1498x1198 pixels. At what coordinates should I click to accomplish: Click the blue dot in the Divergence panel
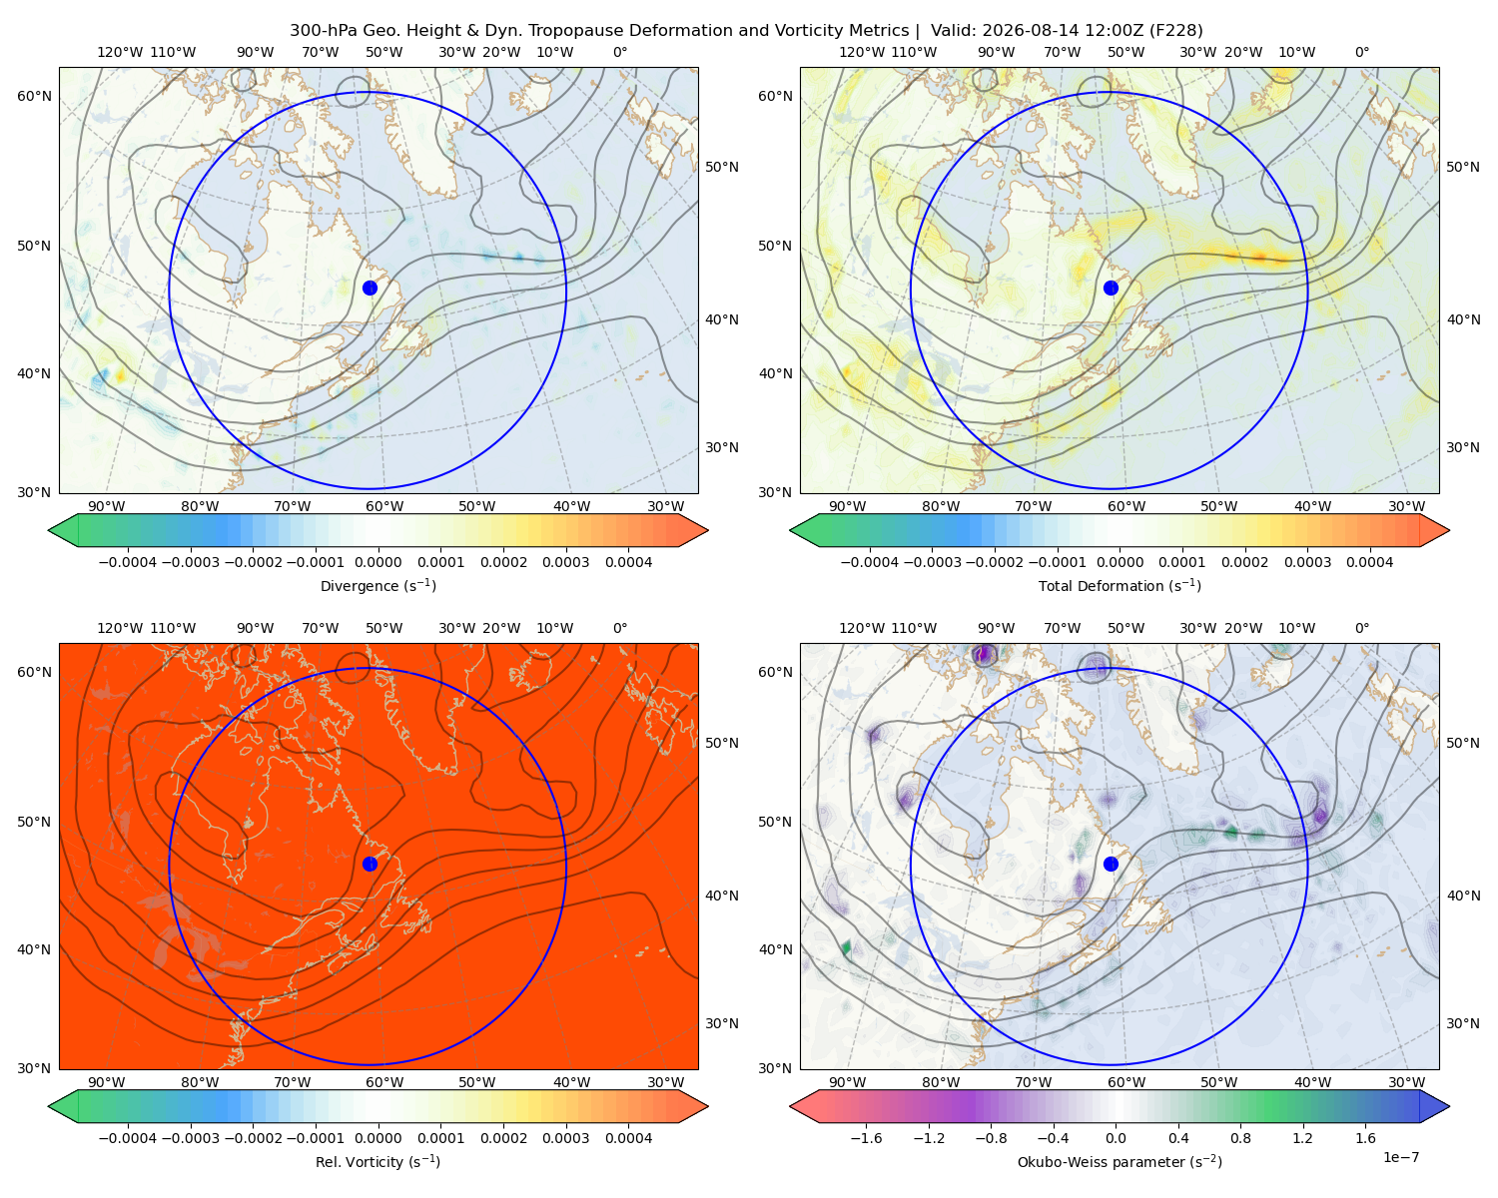tap(370, 288)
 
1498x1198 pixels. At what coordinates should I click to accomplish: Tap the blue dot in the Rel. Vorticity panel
tap(370, 864)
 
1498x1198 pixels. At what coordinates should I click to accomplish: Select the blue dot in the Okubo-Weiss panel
tap(1111, 864)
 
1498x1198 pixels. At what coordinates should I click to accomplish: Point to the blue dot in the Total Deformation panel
tap(1111, 288)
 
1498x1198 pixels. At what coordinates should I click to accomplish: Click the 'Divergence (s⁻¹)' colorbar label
tap(377, 585)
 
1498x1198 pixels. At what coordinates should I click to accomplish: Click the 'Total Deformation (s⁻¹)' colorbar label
tap(1120, 585)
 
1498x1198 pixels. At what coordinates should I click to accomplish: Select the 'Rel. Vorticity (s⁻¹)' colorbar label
tap(377, 1161)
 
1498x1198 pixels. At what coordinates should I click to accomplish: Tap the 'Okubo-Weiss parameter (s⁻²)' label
tap(1120, 1161)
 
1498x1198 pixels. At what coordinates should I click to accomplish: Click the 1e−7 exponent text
tap(1400, 1157)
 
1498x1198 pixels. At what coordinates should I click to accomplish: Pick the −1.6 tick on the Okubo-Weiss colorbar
tap(866, 1137)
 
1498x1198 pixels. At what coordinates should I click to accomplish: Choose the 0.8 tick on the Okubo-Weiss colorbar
tap(1240, 1137)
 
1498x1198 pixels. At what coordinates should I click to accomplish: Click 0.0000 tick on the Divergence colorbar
tap(377, 562)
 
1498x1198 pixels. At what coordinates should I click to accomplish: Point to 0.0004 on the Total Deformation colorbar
tap(1369, 562)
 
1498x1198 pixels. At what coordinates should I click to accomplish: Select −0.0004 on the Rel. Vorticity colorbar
tap(128, 1137)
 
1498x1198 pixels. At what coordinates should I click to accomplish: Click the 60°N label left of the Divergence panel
tap(34, 96)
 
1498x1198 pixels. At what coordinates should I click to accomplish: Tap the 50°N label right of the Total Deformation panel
tap(1462, 167)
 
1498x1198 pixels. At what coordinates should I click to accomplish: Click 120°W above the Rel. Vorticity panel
tap(120, 628)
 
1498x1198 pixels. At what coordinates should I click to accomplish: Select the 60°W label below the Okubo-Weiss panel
tap(1125, 1082)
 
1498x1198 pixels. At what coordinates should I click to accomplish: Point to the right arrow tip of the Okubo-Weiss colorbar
tap(1449, 1106)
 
